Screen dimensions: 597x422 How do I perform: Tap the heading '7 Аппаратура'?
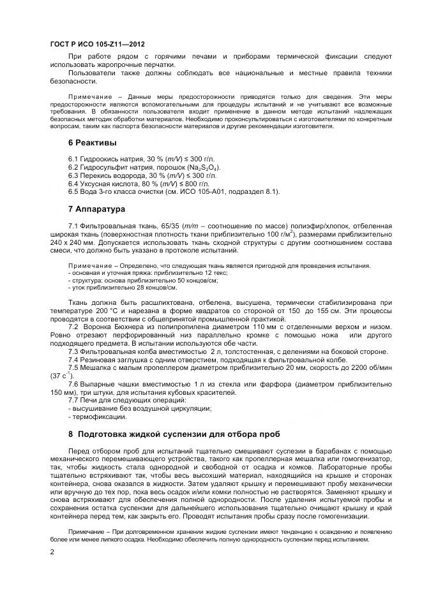(96, 209)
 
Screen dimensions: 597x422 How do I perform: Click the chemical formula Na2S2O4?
(202, 166)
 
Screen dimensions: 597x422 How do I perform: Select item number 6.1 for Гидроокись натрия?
(74, 158)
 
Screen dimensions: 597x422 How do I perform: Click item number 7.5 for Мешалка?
(74, 367)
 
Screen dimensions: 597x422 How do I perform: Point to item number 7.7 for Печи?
(74, 400)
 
